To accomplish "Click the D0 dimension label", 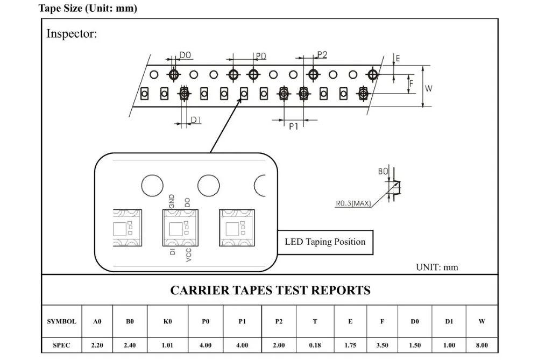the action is pyautogui.click(x=185, y=55).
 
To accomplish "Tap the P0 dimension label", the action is pyautogui.click(x=261, y=57).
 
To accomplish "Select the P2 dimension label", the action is pyautogui.click(x=322, y=54).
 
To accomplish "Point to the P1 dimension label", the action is pyautogui.click(x=293, y=126).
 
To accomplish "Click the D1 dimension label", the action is pyautogui.click(x=196, y=120).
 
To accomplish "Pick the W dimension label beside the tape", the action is pyautogui.click(x=429, y=89).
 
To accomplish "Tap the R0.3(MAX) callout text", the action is pyautogui.click(x=353, y=203).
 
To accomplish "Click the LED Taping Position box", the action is pyautogui.click(x=325, y=242).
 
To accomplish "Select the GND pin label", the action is pyautogui.click(x=172, y=201).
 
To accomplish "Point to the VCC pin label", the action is pyautogui.click(x=188, y=255).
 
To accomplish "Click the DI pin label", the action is pyautogui.click(x=173, y=251).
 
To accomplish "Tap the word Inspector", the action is pyautogui.click(x=72, y=33).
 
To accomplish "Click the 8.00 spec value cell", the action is pyautogui.click(x=482, y=345).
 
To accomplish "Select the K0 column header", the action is pyautogui.click(x=167, y=322).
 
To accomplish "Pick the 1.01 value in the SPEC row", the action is pyautogui.click(x=167, y=345).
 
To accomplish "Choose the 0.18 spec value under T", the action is pyautogui.click(x=315, y=345).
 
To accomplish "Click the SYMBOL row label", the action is pyautogui.click(x=62, y=322).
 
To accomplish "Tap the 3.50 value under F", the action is pyautogui.click(x=382, y=345).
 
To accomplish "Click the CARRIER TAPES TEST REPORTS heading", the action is pyautogui.click(x=271, y=291).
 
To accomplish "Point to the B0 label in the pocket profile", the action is pyautogui.click(x=383, y=171).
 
